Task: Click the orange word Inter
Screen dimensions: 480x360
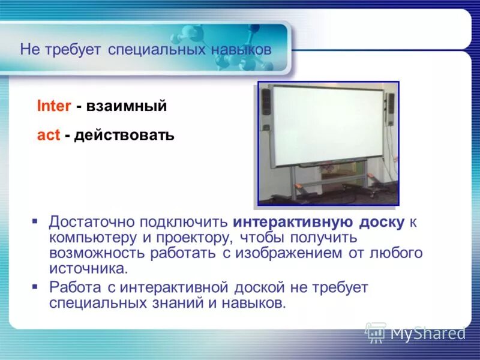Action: point(54,106)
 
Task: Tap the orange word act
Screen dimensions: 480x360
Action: point(49,135)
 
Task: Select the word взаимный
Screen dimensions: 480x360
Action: point(127,106)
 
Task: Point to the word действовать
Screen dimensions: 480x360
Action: point(124,136)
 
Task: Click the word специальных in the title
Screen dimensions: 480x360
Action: point(157,50)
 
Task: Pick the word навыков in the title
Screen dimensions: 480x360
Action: point(241,50)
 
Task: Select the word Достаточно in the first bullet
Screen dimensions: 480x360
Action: point(92,222)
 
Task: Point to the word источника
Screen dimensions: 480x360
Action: point(88,269)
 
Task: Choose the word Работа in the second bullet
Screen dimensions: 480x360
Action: point(75,287)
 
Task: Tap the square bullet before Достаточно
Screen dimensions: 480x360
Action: point(35,221)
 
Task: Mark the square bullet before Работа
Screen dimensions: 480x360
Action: point(35,287)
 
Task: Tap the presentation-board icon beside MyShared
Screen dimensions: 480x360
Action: point(376,332)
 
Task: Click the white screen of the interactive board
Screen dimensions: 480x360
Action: point(328,125)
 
